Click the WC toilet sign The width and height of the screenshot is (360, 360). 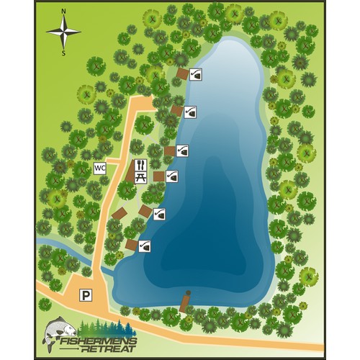(100, 168)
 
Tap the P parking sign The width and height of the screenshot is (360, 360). (86, 294)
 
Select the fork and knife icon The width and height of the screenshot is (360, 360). (141, 165)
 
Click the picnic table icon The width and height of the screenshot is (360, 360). (141, 176)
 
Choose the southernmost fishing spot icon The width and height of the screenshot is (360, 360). (145, 246)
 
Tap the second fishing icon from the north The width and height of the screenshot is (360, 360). (190, 112)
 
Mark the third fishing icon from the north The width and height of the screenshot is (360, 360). (183, 150)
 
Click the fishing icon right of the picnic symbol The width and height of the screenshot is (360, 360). (171, 176)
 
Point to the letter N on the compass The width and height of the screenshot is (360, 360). (64, 12)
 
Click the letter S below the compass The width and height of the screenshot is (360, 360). (63, 53)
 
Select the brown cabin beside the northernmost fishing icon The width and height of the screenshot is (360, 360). (183, 73)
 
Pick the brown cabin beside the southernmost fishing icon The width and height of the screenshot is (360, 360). (131, 245)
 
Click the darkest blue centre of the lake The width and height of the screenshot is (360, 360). (216, 202)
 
